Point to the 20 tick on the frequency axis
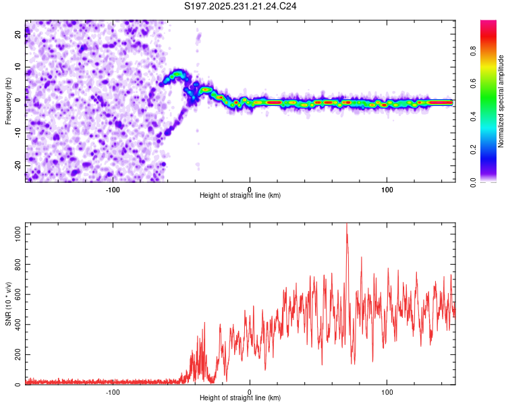18,35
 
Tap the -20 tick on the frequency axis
18,165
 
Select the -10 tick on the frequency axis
18,133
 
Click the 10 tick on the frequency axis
18,67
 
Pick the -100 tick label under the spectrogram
113,188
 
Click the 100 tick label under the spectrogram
387,188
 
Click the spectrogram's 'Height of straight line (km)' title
240,196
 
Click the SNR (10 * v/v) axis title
8,304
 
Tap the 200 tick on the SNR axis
16,354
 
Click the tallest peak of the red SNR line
347,225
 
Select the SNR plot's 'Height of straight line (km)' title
240,399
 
